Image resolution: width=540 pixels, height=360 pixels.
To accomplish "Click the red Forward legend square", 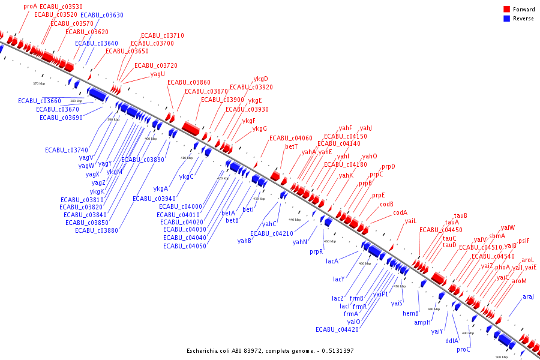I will point(507,10).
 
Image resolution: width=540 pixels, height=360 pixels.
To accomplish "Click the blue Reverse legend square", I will point(507,18).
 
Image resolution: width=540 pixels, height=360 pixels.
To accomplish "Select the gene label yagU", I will point(158,74).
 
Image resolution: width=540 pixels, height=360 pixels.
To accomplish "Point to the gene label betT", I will point(292,146).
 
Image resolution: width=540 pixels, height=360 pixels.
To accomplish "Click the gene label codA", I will point(400,212).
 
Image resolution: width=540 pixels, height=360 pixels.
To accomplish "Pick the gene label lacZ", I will point(338,298).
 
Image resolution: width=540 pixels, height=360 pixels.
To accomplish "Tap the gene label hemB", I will point(410,313).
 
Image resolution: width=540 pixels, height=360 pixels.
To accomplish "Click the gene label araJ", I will point(528,296).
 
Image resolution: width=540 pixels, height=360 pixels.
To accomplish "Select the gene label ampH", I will point(422,322).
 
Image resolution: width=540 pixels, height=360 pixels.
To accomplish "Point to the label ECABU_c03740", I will point(67,149).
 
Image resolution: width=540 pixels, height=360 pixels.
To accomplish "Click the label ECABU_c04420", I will point(337,329).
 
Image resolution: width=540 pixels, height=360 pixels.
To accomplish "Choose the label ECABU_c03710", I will point(163,35).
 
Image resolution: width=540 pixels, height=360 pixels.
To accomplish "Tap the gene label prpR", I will point(316,252).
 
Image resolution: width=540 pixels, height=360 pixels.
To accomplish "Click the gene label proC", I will point(463,349).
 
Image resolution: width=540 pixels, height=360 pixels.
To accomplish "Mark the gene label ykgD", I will point(260,79).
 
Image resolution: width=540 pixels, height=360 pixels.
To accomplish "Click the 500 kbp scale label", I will point(501,357).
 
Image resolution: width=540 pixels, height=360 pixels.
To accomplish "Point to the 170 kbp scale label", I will point(38,83).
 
